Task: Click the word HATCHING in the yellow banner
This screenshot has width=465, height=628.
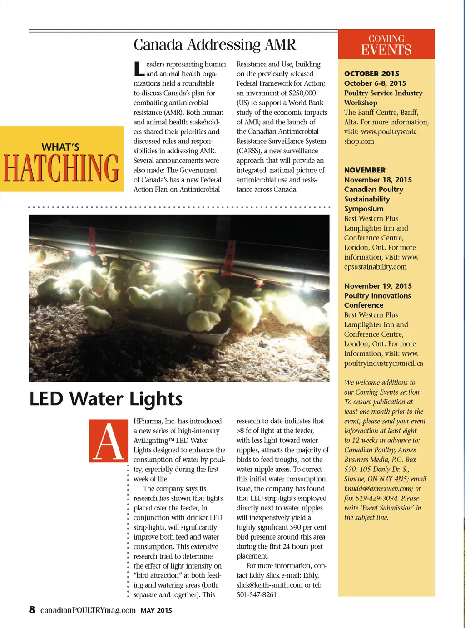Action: pos(61,168)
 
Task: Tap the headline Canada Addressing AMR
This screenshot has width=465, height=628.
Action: pos(214,45)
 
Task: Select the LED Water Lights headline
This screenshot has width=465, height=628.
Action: pos(106,399)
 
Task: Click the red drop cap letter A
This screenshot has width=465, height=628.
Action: pos(109,441)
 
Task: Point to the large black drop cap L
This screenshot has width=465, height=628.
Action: pos(139,69)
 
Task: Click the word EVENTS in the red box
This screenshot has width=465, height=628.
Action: pos(386,50)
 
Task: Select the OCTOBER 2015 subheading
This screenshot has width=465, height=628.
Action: pos(371,74)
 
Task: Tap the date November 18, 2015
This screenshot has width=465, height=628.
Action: pos(378,180)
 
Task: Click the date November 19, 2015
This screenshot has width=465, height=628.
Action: pos(378,286)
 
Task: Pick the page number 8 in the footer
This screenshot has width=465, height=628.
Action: pos(32,609)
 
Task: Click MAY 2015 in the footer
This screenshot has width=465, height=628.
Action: pos(156,611)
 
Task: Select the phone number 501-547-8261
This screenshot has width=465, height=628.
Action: pos(257,594)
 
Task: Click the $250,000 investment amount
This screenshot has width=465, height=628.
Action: pos(302,93)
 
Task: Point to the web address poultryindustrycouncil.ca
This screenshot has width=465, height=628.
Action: pos(383,363)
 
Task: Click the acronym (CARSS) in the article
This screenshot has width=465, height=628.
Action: pos(249,151)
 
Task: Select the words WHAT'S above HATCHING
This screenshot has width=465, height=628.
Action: pos(60,147)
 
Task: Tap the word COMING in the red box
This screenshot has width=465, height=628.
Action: pos(386,39)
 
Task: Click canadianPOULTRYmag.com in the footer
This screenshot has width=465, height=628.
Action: pos(88,610)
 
